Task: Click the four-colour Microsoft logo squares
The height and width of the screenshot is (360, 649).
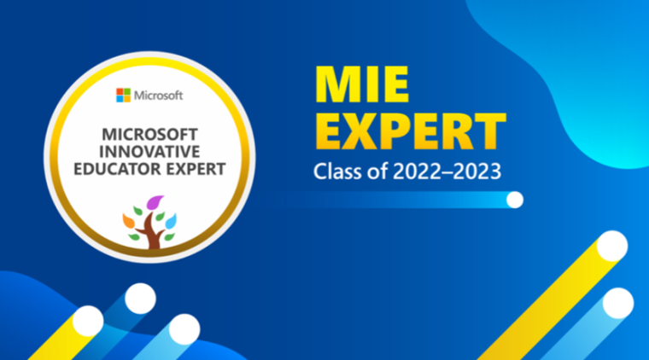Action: [x=123, y=95]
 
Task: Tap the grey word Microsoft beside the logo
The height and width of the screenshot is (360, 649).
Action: [x=159, y=96]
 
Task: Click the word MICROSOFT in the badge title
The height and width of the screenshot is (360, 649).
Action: [x=149, y=134]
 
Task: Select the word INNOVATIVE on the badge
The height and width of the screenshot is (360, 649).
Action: [x=149, y=152]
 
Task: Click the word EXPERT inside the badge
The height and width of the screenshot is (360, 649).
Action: [x=189, y=169]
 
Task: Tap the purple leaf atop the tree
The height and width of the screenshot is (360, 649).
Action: [x=155, y=202]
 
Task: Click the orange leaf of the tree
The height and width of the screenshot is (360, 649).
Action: [x=128, y=220]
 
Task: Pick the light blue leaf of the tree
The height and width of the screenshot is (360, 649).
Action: [x=171, y=222]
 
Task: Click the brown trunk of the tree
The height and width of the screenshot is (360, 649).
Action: [x=154, y=235]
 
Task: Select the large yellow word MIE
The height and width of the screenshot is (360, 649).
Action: [x=362, y=84]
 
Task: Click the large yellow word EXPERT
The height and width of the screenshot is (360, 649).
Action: [x=410, y=131]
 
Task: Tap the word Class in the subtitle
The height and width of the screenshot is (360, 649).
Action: [x=338, y=171]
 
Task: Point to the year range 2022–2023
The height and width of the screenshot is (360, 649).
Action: [x=447, y=171]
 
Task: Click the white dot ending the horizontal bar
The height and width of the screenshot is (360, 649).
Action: [x=515, y=200]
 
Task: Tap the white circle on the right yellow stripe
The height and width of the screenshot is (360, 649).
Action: [x=612, y=246]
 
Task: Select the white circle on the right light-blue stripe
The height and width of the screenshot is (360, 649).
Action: [x=618, y=304]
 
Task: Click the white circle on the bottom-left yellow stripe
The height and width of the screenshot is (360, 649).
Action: [x=88, y=321]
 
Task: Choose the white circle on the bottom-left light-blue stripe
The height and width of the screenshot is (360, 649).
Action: [x=184, y=329]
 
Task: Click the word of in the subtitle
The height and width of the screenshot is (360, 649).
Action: [x=377, y=171]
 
